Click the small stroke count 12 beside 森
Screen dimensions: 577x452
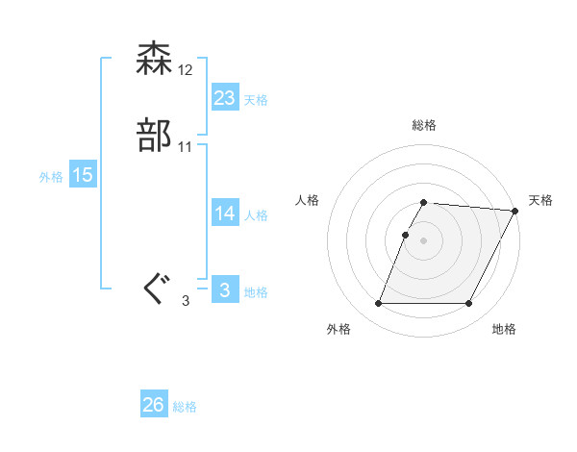point(186,70)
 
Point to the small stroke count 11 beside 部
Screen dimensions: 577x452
point(186,147)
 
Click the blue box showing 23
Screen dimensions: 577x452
point(224,98)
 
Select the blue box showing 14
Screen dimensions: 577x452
point(224,213)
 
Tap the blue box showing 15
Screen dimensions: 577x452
point(83,175)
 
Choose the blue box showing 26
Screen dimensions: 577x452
point(154,406)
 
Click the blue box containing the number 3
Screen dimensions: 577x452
point(224,290)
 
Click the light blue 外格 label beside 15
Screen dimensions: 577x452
point(51,176)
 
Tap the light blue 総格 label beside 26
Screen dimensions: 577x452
point(185,407)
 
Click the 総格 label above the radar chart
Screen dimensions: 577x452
point(424,125)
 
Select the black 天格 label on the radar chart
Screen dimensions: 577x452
point(540,200)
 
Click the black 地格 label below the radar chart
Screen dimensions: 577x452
point(504,330)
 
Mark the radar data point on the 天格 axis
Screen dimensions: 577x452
point(516,211)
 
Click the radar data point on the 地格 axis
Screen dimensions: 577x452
point(469,304)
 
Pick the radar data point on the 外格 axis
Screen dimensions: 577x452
point(379,304)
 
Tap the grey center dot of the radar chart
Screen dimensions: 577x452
point(424,240)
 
